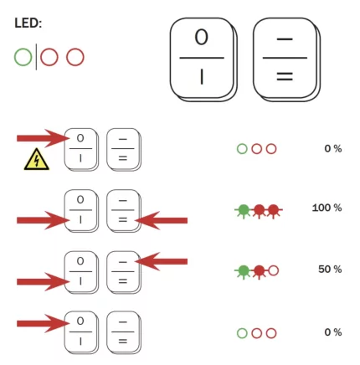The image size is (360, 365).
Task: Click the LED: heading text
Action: click(28, 23)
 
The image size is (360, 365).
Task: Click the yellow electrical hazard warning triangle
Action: click(37, 159)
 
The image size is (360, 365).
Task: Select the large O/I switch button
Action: click(203, 59)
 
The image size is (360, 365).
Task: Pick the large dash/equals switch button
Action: click(286, 59)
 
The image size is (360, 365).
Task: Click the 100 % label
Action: click(327, 208)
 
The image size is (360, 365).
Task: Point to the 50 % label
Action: click(330, 270)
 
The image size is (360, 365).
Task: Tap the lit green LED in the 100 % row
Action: click(244, 211)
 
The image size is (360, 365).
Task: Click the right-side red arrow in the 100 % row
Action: click(162, 220)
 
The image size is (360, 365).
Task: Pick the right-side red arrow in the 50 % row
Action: click(162, 261)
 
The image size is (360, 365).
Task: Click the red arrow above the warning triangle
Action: click(44, 138)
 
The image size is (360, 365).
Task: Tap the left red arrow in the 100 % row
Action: click(44, 220)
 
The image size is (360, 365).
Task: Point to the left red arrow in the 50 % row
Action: click(44, 282)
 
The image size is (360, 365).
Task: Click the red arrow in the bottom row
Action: click(44, 324)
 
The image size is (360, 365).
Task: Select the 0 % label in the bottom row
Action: click(333, 332)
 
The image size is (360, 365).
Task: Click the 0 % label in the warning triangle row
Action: click(333, 149)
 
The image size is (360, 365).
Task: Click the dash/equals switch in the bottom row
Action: click(124, 332)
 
